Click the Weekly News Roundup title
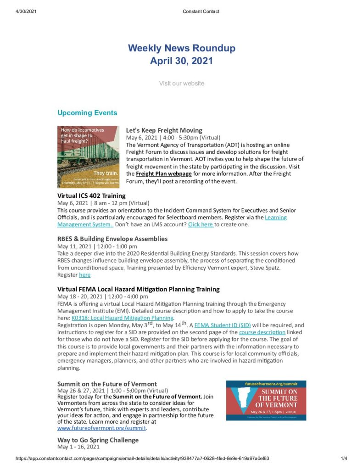click(x=181, y=48)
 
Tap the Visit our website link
click(x=181, y=83)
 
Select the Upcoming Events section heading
click(x=87, y=113)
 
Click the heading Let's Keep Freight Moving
click(x=164, y=130)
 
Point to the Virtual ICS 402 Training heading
click(x=91, y=196)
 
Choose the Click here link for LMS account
click(x=201, y=224)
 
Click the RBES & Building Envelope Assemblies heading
click(x=112, y=239)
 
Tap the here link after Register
click(x=84, y=275)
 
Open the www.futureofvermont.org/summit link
click(x=101, y=428)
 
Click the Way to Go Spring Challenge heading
click(x=98, y=440)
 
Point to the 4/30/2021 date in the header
click(x=19, y=11)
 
